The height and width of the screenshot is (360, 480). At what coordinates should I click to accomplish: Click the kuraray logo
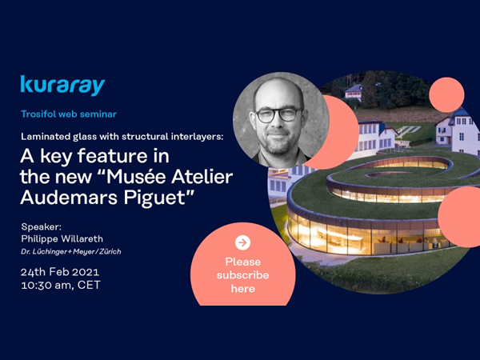pos(62,86)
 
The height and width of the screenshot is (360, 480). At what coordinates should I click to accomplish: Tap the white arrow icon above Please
pos(242,242)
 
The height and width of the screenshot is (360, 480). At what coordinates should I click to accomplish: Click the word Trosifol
pos(38,114)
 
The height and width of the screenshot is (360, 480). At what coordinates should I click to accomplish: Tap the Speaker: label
pos(42,227)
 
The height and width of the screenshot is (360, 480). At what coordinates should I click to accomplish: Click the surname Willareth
pos(81,238)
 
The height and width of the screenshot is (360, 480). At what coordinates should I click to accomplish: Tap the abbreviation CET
pos(89,285)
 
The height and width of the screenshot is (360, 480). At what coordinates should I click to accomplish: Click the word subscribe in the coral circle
pos(242,275)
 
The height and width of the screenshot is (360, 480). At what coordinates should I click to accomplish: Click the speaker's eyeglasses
pos(278,114)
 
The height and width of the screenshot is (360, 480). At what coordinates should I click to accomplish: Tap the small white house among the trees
pos(354,92)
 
